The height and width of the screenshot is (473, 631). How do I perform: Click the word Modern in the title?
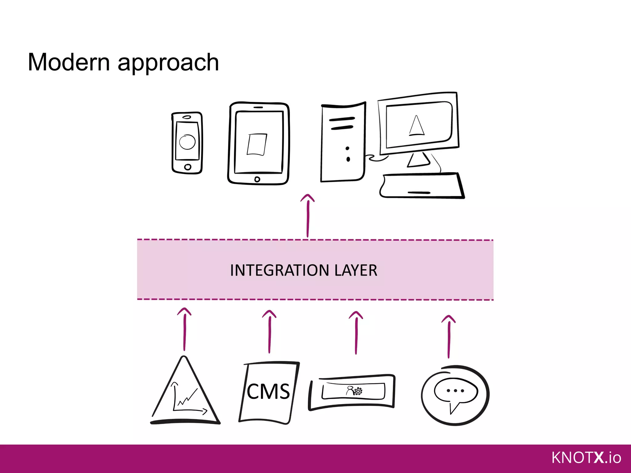(x=68, y=63)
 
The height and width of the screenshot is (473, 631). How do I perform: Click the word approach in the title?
(x=168, y=63)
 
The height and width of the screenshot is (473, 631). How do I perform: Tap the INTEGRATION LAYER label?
(x=303, y=270)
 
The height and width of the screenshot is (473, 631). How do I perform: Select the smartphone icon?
(x=187, y=143)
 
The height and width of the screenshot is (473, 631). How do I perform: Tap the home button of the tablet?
(x=257, y=179)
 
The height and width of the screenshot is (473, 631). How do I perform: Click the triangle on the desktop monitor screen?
(x=417, y=126)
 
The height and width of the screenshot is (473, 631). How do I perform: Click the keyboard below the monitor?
(x=421, y=185)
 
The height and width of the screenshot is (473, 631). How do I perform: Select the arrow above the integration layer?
(x=307, y=215)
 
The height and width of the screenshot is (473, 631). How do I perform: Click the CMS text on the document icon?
(x=268, y=392)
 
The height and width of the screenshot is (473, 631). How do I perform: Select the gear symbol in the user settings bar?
(x=358, y=391)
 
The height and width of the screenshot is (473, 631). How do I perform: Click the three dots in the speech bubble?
(x=455, y=391)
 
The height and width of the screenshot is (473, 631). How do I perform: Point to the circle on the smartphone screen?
(x=187, y=142)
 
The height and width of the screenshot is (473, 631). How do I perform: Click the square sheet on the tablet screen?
(x=257, y=144)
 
